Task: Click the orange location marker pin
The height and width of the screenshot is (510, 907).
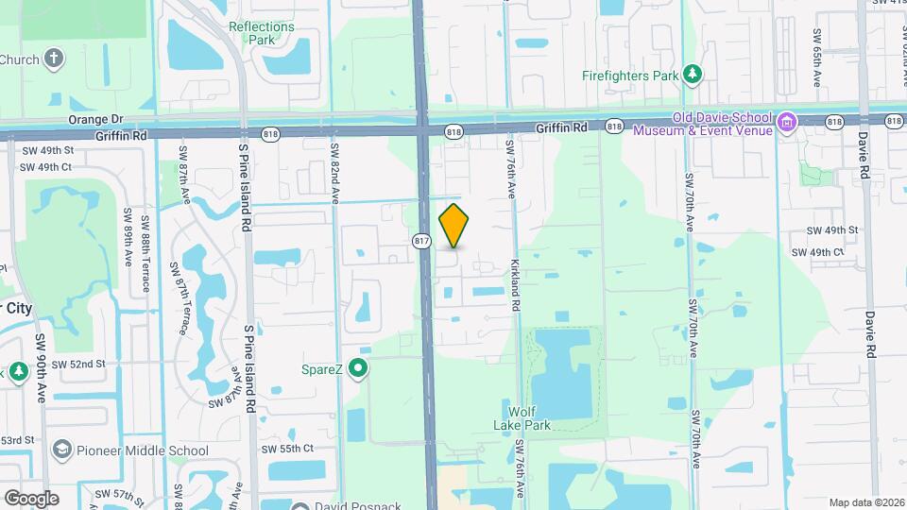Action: [454, 225]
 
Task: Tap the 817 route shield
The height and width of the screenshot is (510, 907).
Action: [422, 242]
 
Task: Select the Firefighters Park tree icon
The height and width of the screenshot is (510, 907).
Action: [693, 73]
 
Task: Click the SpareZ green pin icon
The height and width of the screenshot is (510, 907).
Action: [358, 368]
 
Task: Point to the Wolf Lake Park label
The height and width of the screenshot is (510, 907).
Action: [529, 418]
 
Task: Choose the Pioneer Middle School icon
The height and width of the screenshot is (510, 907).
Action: [63, 450]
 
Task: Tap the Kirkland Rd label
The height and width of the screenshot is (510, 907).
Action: [516, 285]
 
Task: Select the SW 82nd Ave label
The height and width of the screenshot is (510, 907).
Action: [334, 173]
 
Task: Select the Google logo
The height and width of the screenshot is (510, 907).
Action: [30, 498]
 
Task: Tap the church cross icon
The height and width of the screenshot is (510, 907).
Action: [55, 59]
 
